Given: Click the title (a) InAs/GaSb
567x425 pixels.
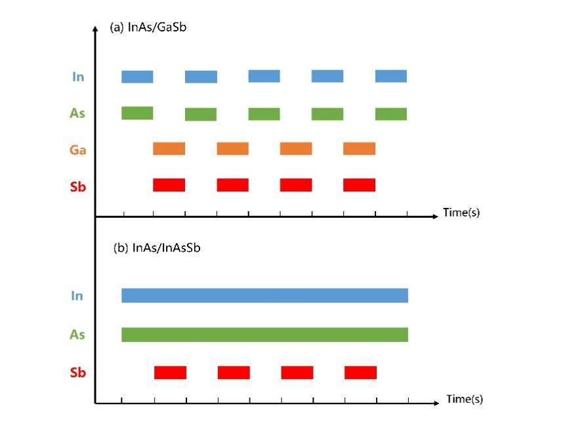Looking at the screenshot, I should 148,28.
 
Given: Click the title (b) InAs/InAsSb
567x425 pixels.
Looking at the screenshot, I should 156,249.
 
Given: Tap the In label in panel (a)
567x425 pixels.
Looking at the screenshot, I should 78,77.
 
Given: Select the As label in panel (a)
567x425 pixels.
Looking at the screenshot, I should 77,113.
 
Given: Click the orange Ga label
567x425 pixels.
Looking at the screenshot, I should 78,150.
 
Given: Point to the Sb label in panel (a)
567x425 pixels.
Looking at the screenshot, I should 78,186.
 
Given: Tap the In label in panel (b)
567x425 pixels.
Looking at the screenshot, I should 77,296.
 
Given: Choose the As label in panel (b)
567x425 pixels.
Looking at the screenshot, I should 77,334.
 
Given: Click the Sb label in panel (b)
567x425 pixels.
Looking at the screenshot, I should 77,373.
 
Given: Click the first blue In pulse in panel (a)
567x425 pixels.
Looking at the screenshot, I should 137,77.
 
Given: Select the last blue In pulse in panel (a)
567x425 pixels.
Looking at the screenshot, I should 391,76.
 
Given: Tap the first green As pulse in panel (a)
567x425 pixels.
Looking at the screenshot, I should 137,113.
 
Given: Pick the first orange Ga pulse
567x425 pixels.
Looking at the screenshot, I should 169,149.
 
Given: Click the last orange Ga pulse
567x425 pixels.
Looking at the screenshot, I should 359,149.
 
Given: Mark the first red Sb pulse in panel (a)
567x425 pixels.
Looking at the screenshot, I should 169,185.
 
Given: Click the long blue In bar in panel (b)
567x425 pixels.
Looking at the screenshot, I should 264,295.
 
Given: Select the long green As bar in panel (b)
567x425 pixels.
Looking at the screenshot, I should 264,334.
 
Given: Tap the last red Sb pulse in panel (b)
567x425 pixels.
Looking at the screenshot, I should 360,373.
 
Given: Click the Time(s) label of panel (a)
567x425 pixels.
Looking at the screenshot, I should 461,213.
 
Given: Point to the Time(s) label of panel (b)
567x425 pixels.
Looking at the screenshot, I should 465,399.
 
